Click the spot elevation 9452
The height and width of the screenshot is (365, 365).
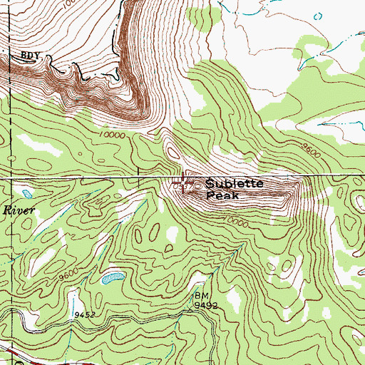click(x=83, y=313)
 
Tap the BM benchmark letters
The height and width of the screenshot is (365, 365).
click(x=200, y=294)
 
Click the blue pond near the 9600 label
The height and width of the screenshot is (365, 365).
click(x=110, y=278)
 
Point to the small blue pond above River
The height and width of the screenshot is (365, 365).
click(x=26, y=194)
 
